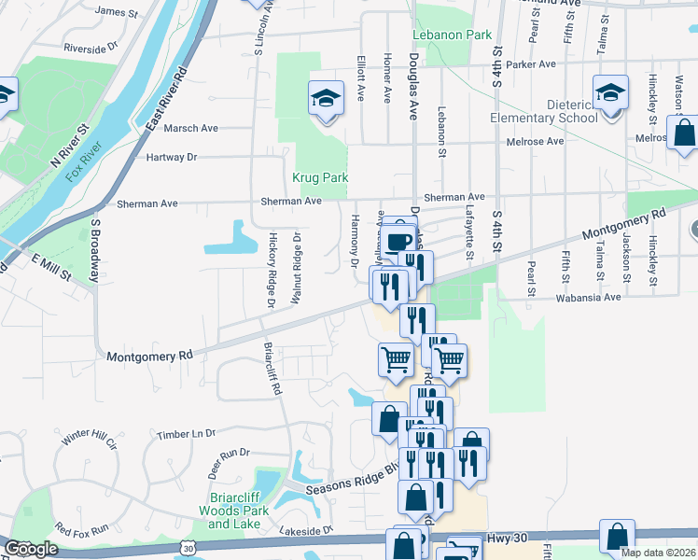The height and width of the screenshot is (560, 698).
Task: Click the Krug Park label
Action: pyautogui.click(x=319, y=176)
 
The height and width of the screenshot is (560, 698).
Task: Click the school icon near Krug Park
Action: pyautogui.click(x=324, y=98)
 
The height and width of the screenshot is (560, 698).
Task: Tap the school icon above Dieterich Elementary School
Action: pyautogui.click(x=611, y=93)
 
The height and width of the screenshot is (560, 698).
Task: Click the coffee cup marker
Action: pyautogui.click(x=398, y=242)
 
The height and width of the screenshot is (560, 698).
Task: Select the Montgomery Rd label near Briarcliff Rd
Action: pyautogui.click(x=149, y=356)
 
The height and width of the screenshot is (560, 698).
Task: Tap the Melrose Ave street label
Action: pyautogui.click(x=535, y=141)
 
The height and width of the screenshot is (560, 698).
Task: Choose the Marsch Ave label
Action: pyautogui.click(x=190, y=128)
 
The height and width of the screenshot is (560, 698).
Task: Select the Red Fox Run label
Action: pyautogui.click(x=82, y=529)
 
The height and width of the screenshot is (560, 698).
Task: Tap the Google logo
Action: pyautogui.click(x=31, y=549)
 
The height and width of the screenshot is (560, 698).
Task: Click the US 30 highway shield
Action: pyautogui.click(x=189, y=549)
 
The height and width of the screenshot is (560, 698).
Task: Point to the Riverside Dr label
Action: pyautogui.click(x=91, y=45)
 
